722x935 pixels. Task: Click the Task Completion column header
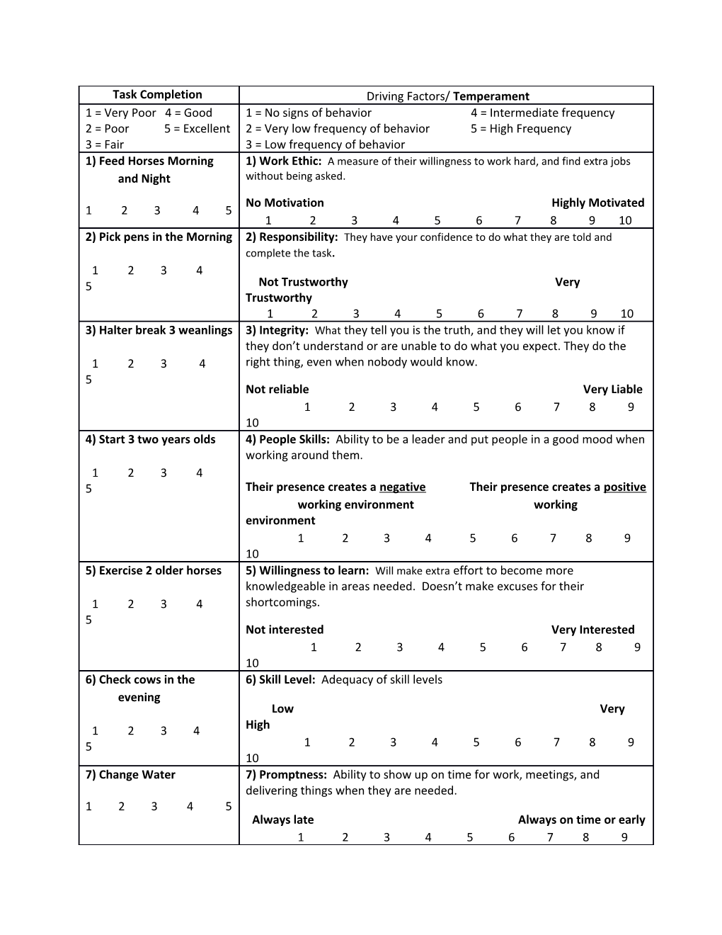(157, 95)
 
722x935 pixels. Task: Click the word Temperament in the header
(491, 96)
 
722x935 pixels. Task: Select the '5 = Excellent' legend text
(197, 129)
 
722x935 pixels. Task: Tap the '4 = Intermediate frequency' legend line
(542, 113)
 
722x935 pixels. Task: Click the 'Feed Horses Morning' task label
(149, 161)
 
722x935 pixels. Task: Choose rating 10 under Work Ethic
(625, 220)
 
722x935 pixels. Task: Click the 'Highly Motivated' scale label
(597, 203)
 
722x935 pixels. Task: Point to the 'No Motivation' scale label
(285, 203)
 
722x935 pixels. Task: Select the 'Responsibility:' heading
(292, 237)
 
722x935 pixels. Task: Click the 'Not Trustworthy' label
(303, 282)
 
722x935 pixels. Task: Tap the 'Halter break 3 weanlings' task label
(159, 330)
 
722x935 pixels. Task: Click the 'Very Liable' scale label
(612, 389)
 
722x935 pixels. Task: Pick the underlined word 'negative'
(402, 487)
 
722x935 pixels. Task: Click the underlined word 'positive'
(624, 487)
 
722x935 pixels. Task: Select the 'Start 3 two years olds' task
(150, 439)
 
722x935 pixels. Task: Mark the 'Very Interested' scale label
(592, 630)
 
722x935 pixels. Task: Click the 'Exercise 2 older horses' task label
(153, 571)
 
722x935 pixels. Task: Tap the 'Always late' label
(282, 820)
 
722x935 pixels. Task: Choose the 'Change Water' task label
(130, 775)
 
